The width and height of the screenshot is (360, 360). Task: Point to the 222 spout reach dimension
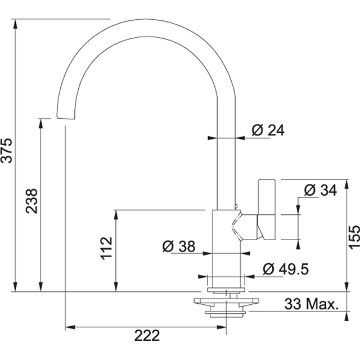click(x=147, y=336)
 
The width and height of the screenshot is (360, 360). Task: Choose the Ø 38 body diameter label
click(x=178, y=246)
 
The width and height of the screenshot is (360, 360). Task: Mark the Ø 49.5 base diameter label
click(x=285, y=269)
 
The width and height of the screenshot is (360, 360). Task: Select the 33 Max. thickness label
click(x=311, y=305)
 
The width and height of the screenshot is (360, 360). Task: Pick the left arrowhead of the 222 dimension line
click(x=69, y=327)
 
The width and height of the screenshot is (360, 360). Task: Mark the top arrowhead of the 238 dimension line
click(x=41, y=121)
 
